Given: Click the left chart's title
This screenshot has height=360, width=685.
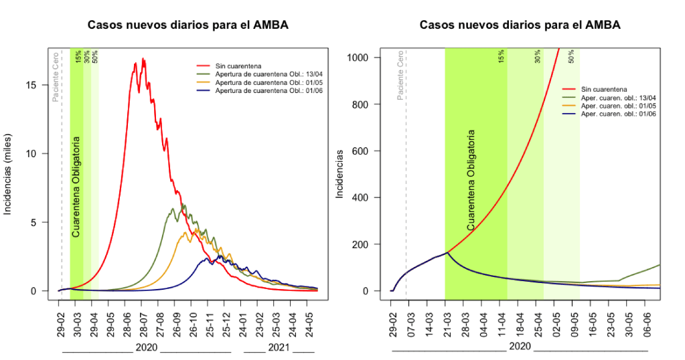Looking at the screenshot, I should point(188,25).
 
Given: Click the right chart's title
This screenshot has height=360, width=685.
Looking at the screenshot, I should point(520,25).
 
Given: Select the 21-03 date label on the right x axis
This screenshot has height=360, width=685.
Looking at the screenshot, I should point(445,321).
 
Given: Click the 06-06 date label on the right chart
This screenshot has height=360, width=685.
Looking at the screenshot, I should point(646,321).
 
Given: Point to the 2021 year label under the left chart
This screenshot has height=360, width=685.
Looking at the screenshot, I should point(279,348).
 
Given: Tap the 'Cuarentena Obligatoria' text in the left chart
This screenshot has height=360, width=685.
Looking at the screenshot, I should point(76,187).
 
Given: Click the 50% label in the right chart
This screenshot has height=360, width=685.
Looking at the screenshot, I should point(570,58).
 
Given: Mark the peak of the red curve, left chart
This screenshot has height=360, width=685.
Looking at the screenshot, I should point(142,59).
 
